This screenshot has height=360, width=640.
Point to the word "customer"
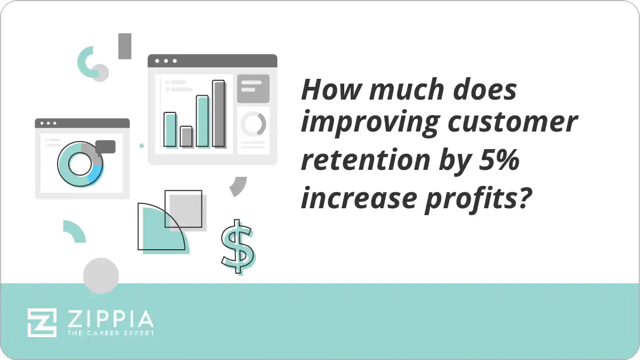coord(512,123)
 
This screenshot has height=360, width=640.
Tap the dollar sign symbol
coord(237,246)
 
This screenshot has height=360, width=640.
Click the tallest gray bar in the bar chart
coord(218,113)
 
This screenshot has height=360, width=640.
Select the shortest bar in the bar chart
coord(186,136)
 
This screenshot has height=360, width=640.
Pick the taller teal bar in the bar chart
coord(202,121)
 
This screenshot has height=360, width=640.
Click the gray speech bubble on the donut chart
coord(106,146)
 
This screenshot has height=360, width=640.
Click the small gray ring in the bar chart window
coord(253,124)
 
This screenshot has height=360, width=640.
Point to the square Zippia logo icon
coord(42,322)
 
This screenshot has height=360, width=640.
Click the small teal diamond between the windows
coord(142,145)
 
